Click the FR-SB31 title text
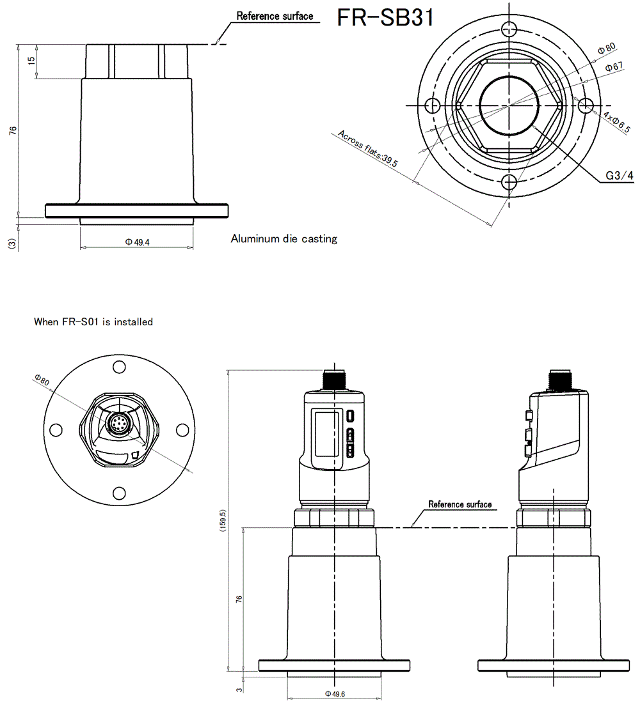385,17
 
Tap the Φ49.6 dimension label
335,693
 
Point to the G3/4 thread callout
620,176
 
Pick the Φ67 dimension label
614,67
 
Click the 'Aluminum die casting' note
284,239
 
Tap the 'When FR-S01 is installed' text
93,322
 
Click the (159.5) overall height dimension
222,521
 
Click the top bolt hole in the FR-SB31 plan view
509,28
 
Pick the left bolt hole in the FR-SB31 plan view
432,105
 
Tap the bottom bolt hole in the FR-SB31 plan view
509,182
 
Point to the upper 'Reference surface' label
275,16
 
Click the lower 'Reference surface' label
460,504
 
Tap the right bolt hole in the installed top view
182,430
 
